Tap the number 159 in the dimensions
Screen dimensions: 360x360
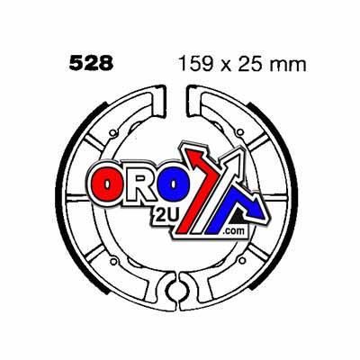[x=190, y=64]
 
